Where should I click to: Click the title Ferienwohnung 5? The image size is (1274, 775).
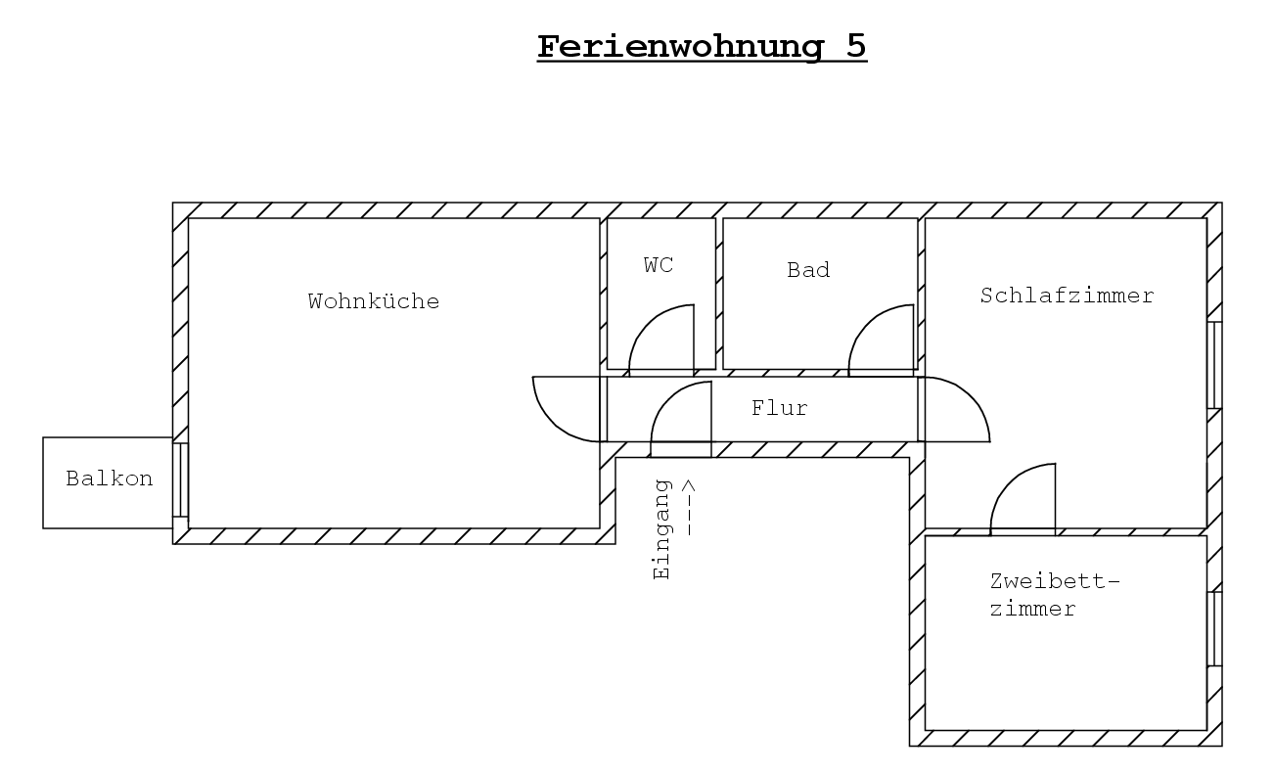[x=702, y=47]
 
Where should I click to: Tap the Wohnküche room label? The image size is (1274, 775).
[x=374, y=301]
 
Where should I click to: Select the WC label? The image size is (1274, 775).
[x=659, y=265]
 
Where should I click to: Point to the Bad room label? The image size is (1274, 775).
[x=808, y=270]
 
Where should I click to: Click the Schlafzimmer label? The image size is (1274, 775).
[x=1067, y=296]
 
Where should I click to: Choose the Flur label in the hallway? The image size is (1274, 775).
[x=779, y=408]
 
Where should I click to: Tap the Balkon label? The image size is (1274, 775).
[x=110, y=479]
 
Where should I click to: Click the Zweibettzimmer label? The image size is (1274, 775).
[x=1055, y=595]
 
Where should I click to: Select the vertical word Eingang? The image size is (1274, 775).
[x=662, y=529]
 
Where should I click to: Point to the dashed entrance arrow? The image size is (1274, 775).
[x=689, y=507]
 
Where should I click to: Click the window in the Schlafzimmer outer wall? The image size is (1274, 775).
[x=1214, y=365]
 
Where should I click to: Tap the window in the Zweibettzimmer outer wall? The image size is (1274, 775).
[x=1214, y=629]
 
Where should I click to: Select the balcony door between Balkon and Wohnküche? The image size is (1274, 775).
[x=180, y=479]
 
